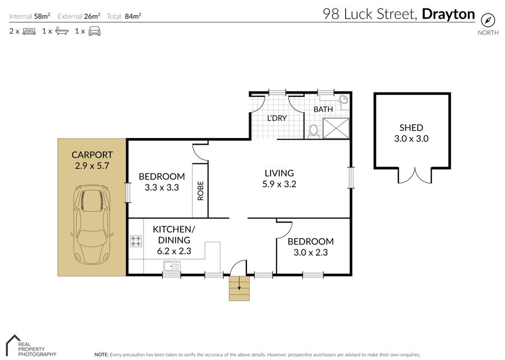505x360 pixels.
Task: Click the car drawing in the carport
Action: click(x=92, y=224)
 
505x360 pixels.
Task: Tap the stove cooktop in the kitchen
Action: click(x=136, y=241)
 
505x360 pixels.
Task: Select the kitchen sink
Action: click(x=172, y=266)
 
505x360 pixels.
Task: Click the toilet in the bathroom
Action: click(x=313, y=131)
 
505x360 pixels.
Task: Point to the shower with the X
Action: click(x=336, y=128)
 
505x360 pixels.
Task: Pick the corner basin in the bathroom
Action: click(x=344, y=99)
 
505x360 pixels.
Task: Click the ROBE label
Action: click(x=200, y=191)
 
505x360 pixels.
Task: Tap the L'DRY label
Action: click(x=277, y=118)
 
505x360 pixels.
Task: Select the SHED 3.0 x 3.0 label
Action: click(x=411, y=133)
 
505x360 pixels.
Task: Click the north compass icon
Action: click(x=488, y=20)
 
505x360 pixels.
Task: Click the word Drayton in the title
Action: click(x=448, y=14)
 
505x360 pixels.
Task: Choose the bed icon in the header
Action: click(x=29, y=31)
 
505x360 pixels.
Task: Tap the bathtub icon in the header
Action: click(x=62, y=31)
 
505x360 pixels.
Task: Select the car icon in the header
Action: click(x=94, y=31)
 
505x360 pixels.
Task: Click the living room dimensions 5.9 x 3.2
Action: click(x=279, y=184)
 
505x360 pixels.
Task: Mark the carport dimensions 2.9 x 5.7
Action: click(x=92, y=165)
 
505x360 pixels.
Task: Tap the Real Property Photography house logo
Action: click(x=13, y=345)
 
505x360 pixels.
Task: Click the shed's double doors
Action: click(x=415, y=176)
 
